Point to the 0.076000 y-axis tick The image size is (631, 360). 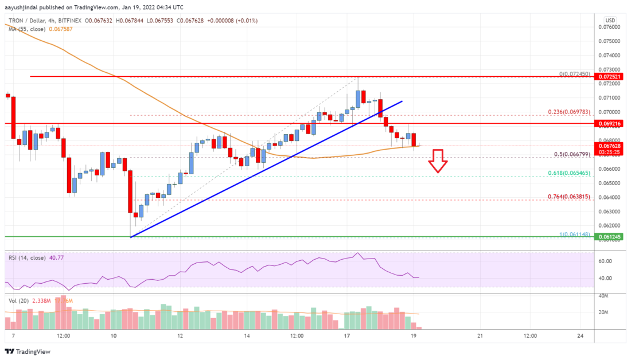point(610,27)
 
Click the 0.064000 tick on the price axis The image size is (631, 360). point(610,197)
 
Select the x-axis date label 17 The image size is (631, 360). point(346,336)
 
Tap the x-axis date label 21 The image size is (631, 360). point(480,336)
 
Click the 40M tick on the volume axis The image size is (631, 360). point(604,296)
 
